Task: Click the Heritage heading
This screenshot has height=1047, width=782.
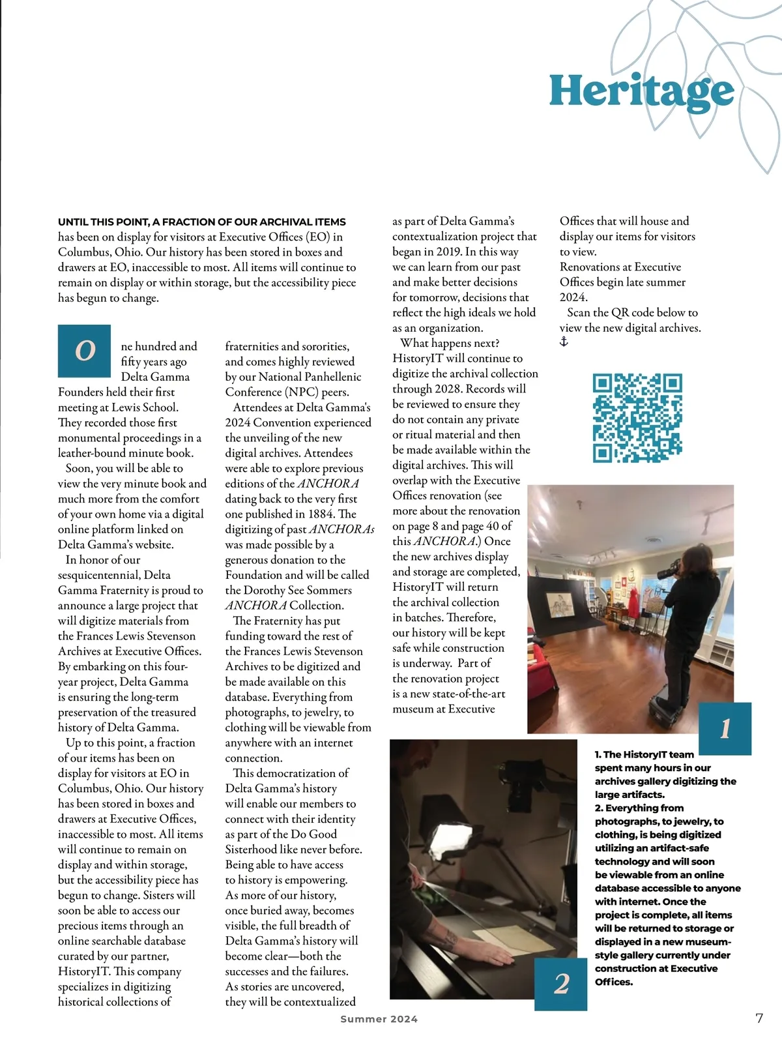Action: pos(641,91)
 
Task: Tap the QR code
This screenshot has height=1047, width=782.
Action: pos(637,417)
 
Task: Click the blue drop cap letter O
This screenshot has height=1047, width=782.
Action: pos(85,351)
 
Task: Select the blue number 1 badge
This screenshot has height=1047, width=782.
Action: pos(725,728)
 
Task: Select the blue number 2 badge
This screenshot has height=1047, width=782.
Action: pos(561,983)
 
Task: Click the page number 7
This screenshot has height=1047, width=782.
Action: pos(759,1018)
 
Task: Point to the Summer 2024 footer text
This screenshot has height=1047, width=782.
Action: pos(379,1018)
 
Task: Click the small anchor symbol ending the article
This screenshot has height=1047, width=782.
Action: pos(564,342)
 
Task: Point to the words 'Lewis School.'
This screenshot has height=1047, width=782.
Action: pos(144,407)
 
